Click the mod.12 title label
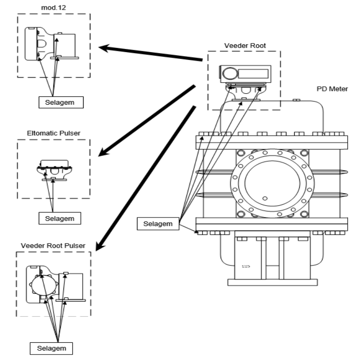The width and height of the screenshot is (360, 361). [53, 8]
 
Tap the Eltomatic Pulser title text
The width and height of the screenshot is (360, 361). [53, 133]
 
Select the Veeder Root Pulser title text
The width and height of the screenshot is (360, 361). [53, 246]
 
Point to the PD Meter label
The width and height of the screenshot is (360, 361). [332, 89]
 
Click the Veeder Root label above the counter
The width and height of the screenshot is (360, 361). [245, 46]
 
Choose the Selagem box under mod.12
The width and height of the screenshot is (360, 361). [61, 102]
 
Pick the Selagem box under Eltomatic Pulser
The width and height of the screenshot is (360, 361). [60, 218]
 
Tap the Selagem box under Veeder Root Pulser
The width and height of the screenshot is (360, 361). [51, 348]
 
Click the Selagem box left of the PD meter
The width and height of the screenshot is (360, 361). [158, 223]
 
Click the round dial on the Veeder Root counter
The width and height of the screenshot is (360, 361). [230, 74]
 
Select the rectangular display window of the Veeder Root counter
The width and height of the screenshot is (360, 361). [254, 74]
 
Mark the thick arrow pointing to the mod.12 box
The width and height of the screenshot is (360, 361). [151, 53]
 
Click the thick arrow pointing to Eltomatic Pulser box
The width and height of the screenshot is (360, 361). [147, 121]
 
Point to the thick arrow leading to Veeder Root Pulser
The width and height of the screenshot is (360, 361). [145, 178]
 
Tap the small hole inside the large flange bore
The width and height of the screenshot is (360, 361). [265, 198]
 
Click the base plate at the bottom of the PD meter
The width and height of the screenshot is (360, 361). [273, 282]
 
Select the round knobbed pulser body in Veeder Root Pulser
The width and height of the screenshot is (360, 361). [44, 285]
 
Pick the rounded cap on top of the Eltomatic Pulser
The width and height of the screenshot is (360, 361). [54, 164]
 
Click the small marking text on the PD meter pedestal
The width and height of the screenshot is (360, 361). [246, 266]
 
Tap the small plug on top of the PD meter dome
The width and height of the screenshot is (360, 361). [296, 100]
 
